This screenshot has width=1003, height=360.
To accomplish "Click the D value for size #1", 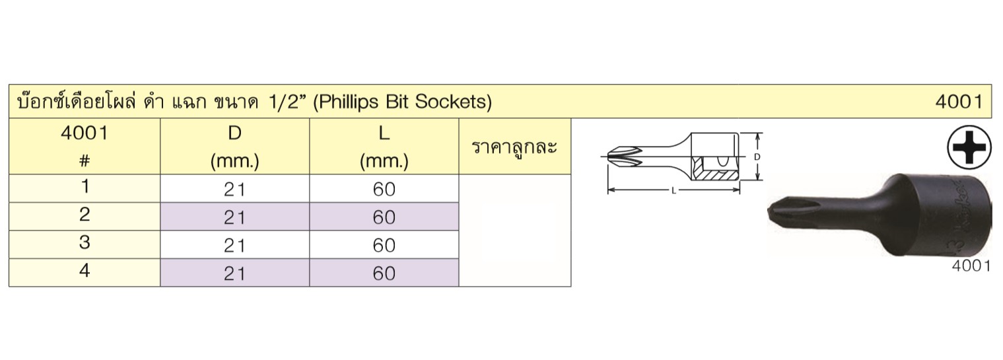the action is click(x=234, y=190).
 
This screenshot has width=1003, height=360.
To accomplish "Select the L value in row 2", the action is click(x=384, y=217).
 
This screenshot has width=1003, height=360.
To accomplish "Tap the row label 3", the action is click(x=85, y=242).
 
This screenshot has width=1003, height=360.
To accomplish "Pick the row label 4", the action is click(x=85, y=270).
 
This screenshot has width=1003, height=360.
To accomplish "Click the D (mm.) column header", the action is click(x=234, y=147).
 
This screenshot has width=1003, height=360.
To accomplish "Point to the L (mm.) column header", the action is click(x=384, y=147).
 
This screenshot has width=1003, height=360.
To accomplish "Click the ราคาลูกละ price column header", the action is click(x=514, y=147).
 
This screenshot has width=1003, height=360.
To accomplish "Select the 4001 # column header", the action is click(x=85, y=145).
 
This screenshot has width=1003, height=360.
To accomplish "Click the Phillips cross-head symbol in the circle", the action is click(x=969, y=147).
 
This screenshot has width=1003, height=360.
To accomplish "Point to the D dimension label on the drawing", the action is click(x=757, y=157).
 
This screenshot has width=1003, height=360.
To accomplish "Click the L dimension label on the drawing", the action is click(x=674, y=191).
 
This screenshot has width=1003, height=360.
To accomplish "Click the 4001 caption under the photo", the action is click(x=971, y=266).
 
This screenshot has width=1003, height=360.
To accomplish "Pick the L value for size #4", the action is click(x=384, y=273).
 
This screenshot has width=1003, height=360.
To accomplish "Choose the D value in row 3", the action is click(x=234, y=246).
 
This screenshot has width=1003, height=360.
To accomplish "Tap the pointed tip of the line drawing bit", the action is click(x=608, y=157).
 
